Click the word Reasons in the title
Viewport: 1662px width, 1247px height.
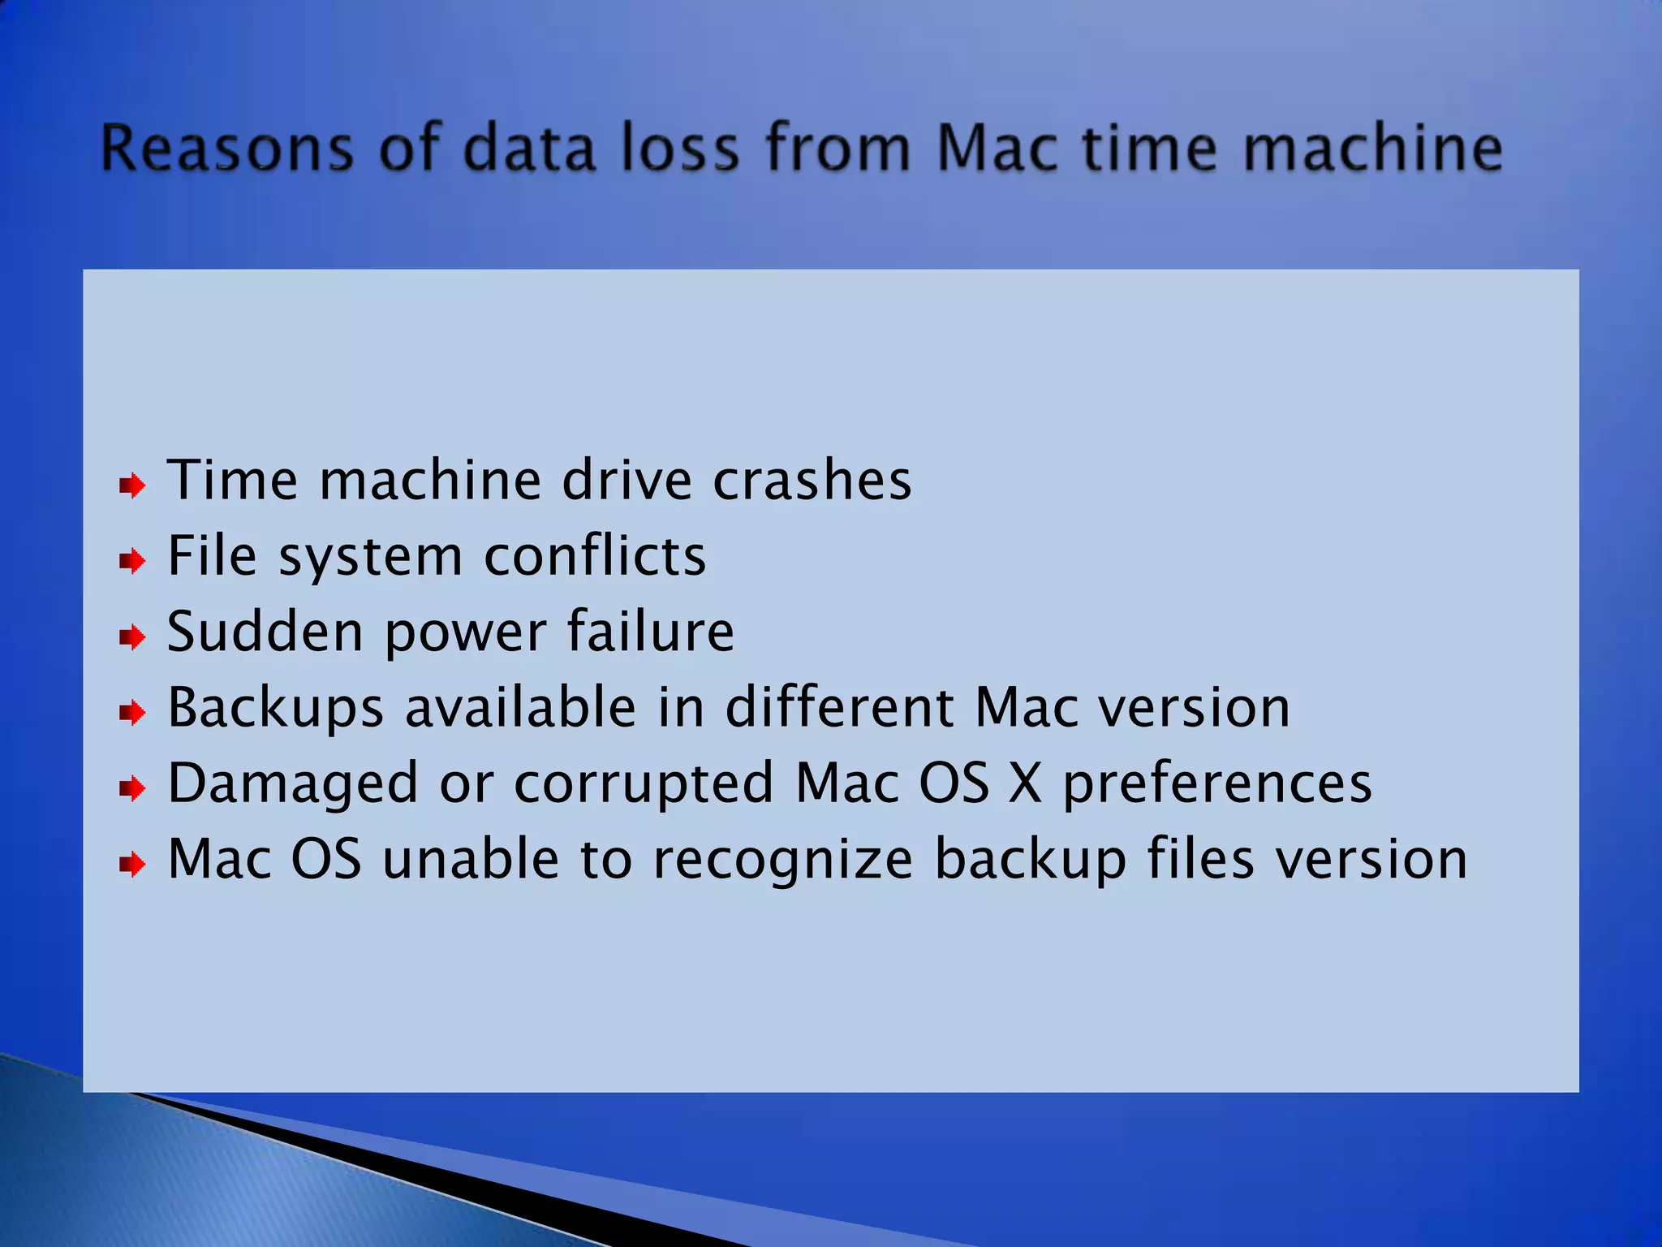coord(228,149)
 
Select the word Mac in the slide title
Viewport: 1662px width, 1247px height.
coord(997,149)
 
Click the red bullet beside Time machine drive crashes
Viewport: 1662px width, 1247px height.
coord(132,486)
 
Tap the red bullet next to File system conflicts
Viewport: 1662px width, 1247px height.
coord(132,561)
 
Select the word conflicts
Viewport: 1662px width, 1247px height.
coord(595,557)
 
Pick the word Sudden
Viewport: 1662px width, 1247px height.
coord(265,632)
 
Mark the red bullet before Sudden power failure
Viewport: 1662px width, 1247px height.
coord(132,637)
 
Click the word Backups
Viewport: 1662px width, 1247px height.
coord(275,708)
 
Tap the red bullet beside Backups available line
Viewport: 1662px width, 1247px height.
coord(132,713)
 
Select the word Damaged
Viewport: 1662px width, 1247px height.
coord(292,784)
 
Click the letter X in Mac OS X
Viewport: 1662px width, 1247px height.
coord(1025,784)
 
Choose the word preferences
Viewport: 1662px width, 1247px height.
coord(1217,784)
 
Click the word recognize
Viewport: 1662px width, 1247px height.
coord(783,860)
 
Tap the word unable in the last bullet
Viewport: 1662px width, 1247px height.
coord(470,860)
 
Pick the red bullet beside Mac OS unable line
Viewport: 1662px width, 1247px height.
coord(132,865)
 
